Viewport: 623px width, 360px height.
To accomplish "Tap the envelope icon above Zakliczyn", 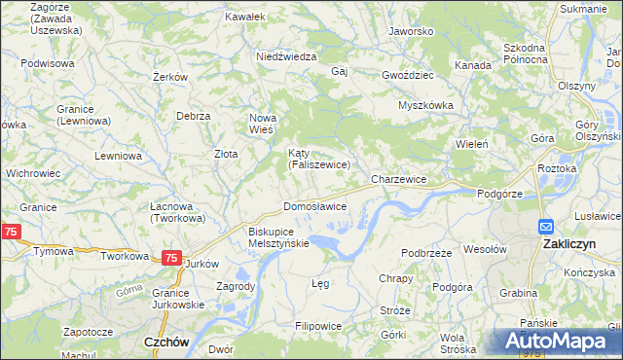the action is pyautogui.click(x=547, y=226).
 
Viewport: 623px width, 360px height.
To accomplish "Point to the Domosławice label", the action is pyautogui.click(x=314, y=207).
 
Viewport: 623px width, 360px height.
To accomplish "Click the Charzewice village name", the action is pyautogui.click(x=399, y=180).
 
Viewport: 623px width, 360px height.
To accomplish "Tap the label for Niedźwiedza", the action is pyautogui.click(x=286, y=56).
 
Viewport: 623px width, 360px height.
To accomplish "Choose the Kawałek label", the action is pyautogui.click(x=244, y=17).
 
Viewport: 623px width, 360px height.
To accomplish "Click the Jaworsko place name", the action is pyautogui.click(x=410, y=31).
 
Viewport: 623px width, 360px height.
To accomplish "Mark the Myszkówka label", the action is pyautogui.click(x=427, y=105).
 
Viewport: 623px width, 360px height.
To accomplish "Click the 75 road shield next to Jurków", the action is pyautogui.click(x=170, y=258).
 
